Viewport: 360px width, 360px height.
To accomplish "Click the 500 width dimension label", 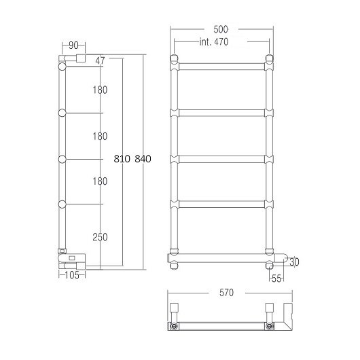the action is (221, 29).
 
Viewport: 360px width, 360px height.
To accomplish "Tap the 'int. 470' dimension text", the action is (214, 42).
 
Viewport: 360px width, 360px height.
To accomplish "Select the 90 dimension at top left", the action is (73, 46).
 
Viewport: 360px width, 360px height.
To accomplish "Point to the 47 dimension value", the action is (100, 60).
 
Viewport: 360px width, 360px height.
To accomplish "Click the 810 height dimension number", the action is (122, 159).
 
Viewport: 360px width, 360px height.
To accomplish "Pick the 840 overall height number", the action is (143, 159).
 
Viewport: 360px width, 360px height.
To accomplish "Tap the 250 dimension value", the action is (100, 237).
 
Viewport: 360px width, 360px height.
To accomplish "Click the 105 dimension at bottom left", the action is (72, 275).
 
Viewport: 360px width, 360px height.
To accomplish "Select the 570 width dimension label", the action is (226, 293).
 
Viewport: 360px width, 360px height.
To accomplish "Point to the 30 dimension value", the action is (294, 262).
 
